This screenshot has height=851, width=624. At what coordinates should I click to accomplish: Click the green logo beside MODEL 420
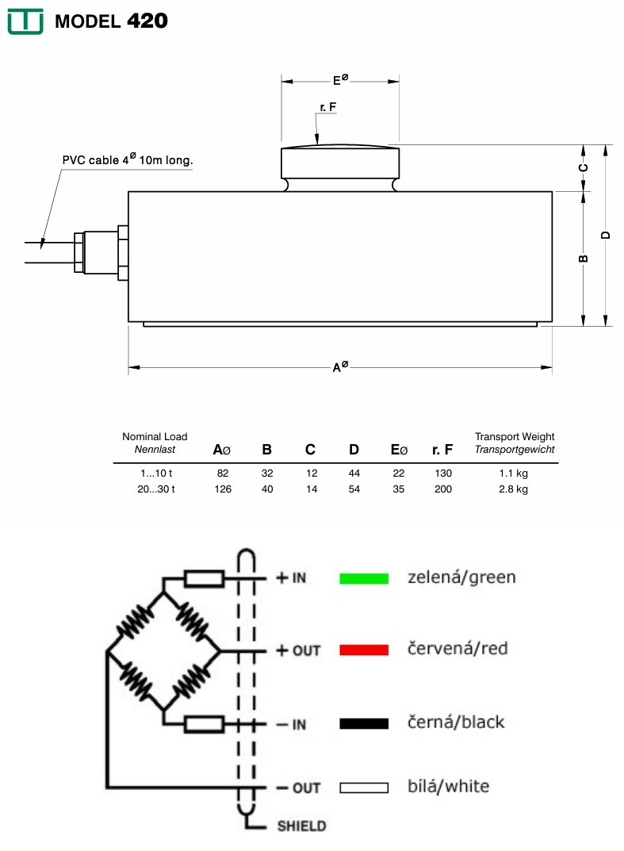point(25,21)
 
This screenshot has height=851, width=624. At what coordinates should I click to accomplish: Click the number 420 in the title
point(147,21)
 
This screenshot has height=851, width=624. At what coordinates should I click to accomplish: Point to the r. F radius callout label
point(328,106)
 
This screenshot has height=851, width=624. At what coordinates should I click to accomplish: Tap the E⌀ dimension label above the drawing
point(340,80)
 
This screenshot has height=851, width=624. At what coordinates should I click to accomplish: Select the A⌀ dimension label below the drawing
point(340,367)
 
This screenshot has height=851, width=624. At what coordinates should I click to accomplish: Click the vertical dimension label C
point(584,167)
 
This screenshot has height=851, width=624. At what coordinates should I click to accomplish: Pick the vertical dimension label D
point(606,235)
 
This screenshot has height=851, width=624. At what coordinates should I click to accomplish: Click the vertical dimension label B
point(584,259)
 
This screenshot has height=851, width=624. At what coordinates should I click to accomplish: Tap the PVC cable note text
point(128,160)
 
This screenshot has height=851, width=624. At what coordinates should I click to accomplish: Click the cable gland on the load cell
point(99,251)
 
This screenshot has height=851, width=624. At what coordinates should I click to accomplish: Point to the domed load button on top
point(340,162)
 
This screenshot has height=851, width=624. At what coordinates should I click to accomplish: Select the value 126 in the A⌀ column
point(223,489)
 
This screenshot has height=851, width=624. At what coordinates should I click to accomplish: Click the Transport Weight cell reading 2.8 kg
point(513,489)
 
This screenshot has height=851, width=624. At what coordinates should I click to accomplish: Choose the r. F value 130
point(443,473)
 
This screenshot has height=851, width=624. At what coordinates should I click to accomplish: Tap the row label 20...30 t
point(155,489)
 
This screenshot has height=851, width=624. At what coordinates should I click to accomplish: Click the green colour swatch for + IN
point(364,578)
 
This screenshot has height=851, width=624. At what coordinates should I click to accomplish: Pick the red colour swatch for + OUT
point(364,650)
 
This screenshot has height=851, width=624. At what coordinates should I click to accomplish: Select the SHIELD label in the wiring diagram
point(301,826)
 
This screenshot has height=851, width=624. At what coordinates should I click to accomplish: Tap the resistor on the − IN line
point(204,723)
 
